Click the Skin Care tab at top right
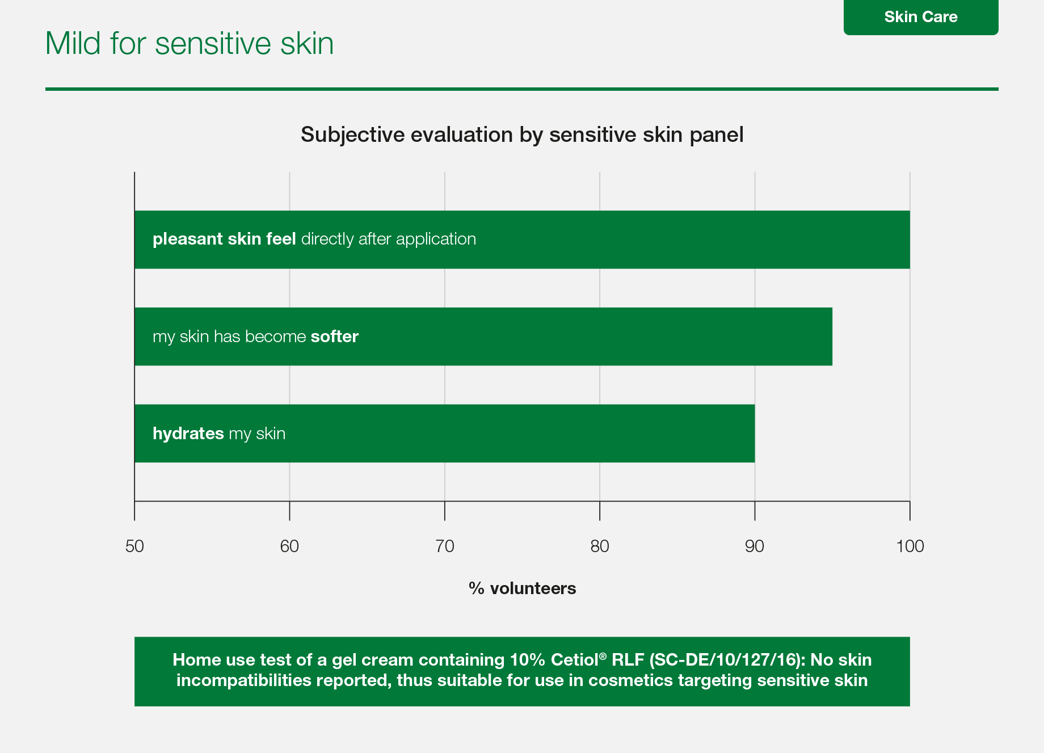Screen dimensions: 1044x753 [x=921, y=17]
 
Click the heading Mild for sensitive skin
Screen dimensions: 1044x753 [x=190, y=43]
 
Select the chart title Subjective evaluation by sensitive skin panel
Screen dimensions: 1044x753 [x=522, y=135]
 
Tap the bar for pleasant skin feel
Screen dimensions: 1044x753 [x=522, y=239]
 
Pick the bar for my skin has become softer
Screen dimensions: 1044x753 [x=483, y=336]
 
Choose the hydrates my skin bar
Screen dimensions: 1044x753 [x=444, y=434]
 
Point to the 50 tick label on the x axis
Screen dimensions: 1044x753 [x=134, y=546]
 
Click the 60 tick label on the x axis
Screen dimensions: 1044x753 [x=289, y=546]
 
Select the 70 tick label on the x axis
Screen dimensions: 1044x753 [x=445, y=546]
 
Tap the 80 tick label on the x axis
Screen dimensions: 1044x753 [x=600, y=546]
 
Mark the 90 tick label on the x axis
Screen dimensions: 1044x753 [x=755, y=546]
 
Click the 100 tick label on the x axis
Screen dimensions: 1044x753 [x=910, y=546]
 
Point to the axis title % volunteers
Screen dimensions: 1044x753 [x=522, y=588]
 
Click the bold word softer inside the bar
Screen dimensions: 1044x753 [x=335, y=336]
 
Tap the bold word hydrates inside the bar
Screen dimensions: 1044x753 [x=188, y=434]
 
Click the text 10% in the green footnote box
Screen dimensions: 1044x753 [x=528, y=660]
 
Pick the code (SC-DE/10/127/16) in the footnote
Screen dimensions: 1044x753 [x=727, y=660]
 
